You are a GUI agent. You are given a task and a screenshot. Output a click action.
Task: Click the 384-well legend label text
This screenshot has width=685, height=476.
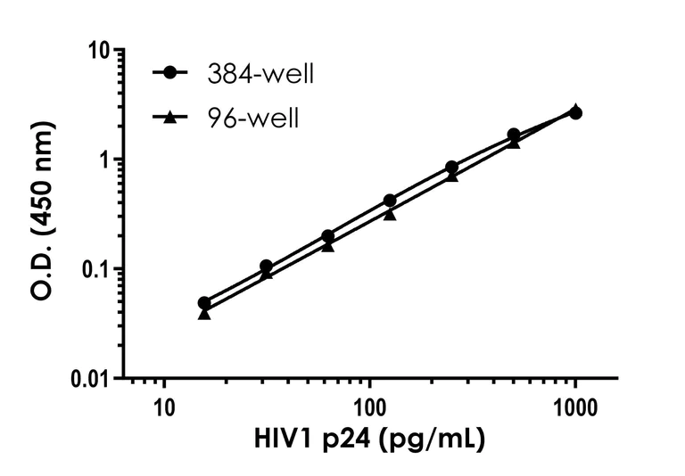260,74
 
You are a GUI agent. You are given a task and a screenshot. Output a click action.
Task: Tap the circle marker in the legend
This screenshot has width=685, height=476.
169,74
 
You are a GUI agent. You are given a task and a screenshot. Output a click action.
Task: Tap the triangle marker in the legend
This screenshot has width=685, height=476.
169,116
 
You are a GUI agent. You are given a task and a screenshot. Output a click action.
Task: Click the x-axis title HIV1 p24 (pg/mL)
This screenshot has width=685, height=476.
369,440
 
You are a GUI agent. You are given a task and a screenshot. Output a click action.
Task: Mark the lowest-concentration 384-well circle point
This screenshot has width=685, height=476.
204,303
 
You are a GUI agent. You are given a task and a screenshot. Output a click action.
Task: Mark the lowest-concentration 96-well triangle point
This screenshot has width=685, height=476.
204,313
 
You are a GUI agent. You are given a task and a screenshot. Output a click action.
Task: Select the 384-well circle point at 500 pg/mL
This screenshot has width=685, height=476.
514,135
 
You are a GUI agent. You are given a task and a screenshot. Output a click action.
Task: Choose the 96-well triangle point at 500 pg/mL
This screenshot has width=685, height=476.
514,143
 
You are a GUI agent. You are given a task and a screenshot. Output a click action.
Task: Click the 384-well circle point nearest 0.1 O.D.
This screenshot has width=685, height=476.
266,267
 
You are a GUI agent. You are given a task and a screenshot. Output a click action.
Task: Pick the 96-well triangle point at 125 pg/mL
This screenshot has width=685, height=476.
390,213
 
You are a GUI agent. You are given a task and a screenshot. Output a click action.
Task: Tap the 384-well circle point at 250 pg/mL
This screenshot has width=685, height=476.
452,168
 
